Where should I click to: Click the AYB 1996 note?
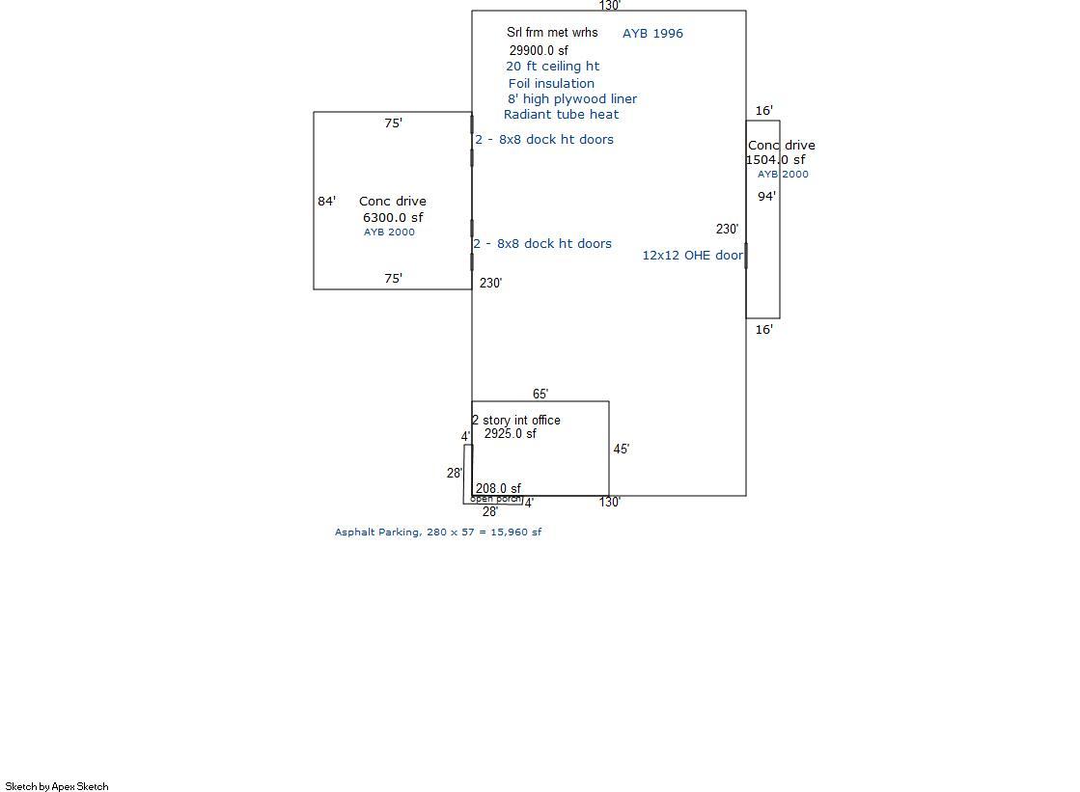click(652, 34)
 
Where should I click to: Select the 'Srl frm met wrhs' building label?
click(552, 33)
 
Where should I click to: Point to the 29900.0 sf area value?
click(539, 50)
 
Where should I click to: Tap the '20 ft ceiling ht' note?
click(552, 67)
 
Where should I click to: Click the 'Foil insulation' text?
click(551, 84)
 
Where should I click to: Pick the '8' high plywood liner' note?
click(572, 99)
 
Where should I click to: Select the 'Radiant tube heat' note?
click(561, 115)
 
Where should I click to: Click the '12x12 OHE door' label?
click(692, 256)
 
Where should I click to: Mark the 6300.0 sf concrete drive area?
click(393, 218)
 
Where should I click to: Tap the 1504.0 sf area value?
click(776, 160)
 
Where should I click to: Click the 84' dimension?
click(327, 202)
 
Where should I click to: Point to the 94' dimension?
click(766, 197)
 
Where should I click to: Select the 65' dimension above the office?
click(540, 394)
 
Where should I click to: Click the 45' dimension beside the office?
click(622, 450)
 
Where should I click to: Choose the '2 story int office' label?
click(516, 421)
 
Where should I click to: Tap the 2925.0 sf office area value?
click(510, 434)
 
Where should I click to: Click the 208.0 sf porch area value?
click(498, 489)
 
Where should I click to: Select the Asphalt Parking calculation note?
click(438, 533)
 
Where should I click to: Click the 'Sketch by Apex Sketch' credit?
click(57, 787)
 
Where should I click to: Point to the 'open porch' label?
click(495, 499)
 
